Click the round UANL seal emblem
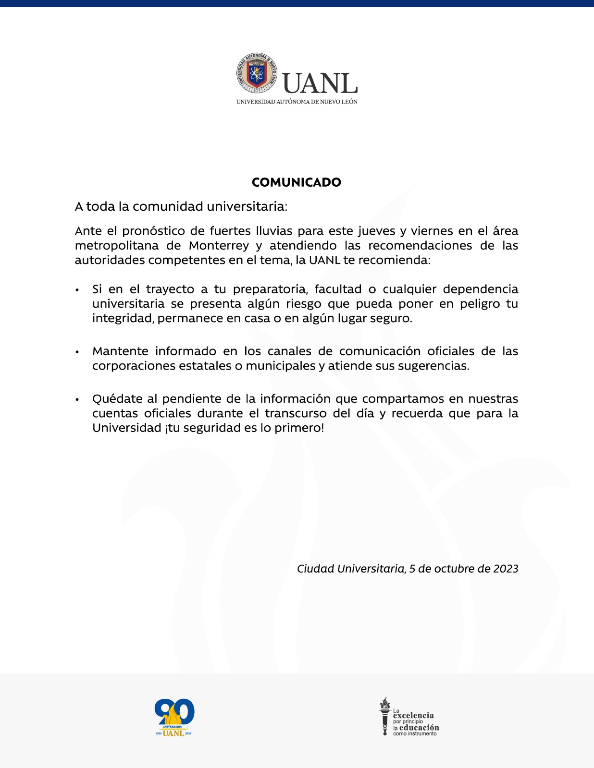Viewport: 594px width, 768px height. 257,73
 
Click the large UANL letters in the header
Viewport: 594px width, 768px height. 320,84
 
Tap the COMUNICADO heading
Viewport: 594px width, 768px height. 297,182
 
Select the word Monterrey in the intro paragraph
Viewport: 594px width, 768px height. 219,246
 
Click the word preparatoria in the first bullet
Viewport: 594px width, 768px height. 270,289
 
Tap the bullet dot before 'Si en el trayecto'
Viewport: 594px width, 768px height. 77,290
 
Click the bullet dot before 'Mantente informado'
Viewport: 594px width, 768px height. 77,352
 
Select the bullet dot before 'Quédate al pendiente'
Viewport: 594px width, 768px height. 77,400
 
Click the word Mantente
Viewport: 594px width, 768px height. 120,351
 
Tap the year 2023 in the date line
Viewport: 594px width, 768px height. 506,569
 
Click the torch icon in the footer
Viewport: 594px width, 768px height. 384,716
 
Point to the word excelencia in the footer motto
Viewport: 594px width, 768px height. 413,715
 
